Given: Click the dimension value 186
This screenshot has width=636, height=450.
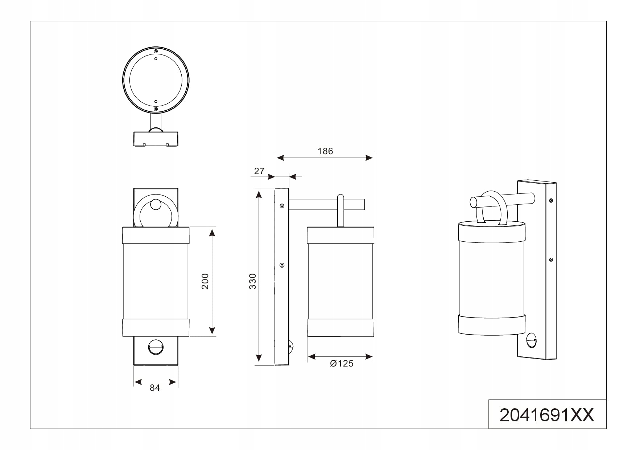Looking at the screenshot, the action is [325, 151].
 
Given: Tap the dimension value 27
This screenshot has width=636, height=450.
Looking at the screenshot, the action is [259, 171].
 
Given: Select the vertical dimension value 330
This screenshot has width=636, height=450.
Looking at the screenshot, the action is [252, 281].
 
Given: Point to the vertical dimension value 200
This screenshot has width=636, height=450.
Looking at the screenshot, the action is [205, 281].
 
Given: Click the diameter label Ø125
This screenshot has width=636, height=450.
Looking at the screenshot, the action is [342, 363].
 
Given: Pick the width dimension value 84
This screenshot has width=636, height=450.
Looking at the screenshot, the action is [155, 388].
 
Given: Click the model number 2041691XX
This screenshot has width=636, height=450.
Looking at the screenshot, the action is [547, 415].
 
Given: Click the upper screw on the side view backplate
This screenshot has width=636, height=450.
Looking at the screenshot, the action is [282, 206].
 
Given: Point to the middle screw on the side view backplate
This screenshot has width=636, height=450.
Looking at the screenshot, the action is [282, 265].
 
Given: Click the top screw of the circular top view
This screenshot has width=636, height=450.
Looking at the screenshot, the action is [156, 51].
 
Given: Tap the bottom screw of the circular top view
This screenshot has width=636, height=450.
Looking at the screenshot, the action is [156, 109].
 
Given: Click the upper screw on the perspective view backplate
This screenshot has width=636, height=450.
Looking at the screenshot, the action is [551, 200].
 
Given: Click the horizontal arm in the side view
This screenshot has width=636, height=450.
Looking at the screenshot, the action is [326, 204].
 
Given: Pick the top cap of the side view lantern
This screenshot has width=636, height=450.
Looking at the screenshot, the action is [340, 235].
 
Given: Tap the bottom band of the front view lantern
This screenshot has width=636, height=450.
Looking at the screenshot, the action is [156, 328].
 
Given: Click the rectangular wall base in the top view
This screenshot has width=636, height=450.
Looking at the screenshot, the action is [156, 139].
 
